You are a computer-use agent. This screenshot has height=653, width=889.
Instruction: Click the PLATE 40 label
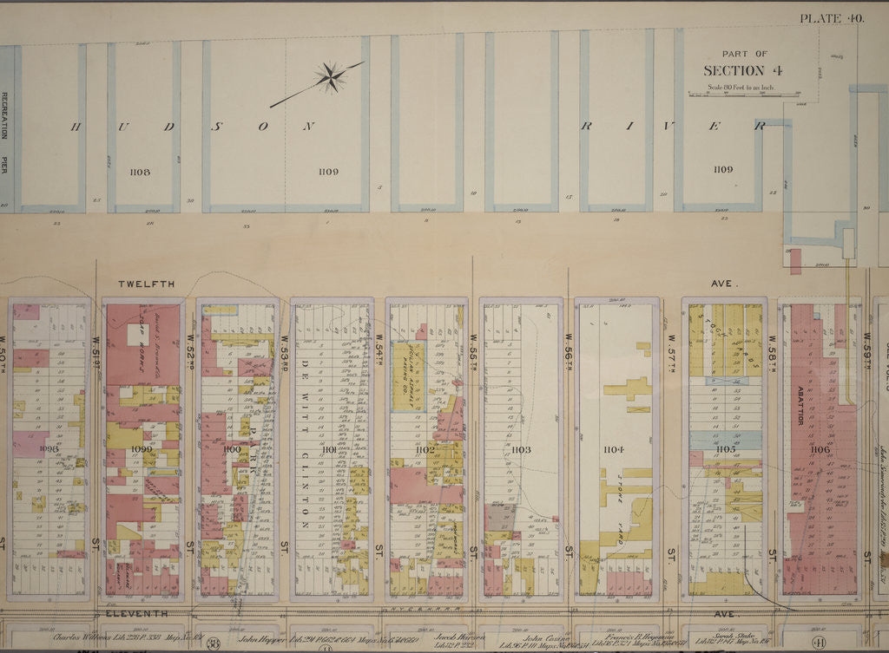pyautogui.click(x=831, y=17)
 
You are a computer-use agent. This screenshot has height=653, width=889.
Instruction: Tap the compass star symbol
pyautogui.click(x=330, y=77)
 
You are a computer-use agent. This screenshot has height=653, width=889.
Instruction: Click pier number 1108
pyautogui.click(x=139, y=172)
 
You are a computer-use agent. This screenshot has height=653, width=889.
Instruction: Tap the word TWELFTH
pyautogui.click(x=147, y=284)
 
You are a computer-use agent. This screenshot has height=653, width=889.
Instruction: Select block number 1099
pyautogui.click(x=142, y=449)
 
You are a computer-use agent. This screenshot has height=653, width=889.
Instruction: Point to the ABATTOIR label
pyautogui.click(x=799, y=405)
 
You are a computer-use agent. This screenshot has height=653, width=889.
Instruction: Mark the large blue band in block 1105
pyautogui.click(x=725, y=440)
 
